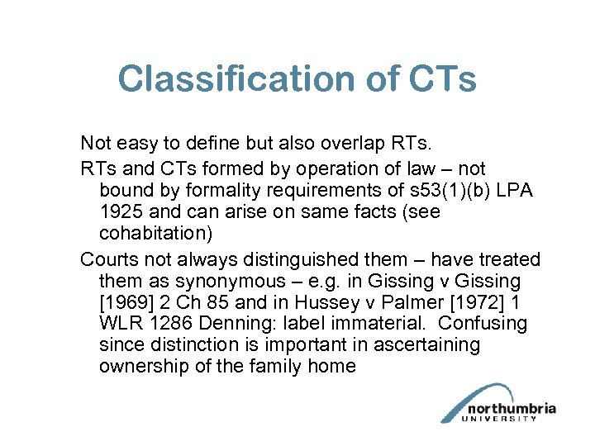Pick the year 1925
tap(121, 211)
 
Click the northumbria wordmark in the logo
tap(511, 409)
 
